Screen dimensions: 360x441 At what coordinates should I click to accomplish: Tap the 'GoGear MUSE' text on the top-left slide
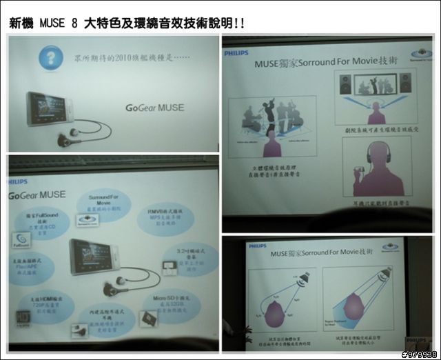154,107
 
